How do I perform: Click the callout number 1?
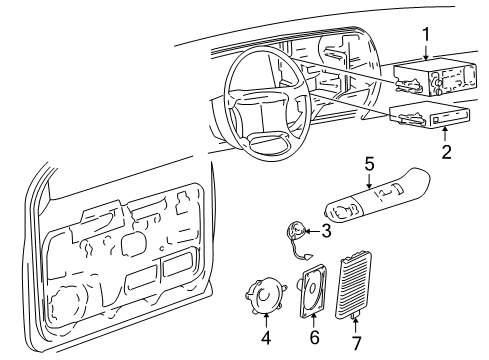(427, 35)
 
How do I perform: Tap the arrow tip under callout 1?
(427, 62)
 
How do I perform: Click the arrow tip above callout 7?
(356, 318)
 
